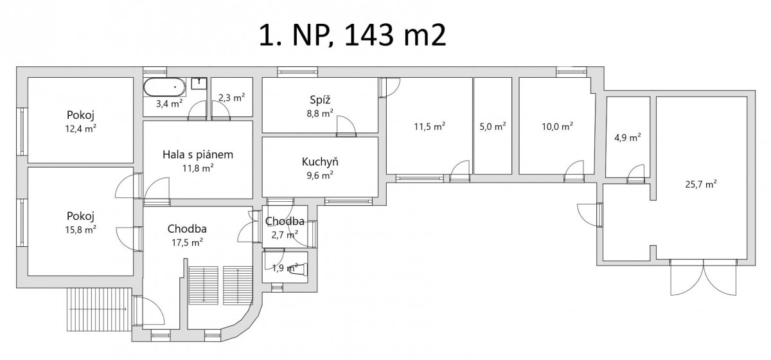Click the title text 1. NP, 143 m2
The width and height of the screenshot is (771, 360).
tap(353, 35)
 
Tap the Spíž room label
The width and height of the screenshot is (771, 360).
tap(320, 100)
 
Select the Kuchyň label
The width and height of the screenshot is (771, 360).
tap(320, 161)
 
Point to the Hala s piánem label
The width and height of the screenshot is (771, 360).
tap(198, 154)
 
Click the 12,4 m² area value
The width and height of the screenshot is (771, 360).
tap(80, 129)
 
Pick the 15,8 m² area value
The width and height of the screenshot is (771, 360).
tap(80, 230)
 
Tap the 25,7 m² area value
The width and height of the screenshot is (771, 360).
tap(701, 184)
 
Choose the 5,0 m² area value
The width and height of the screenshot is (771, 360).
tap(493, 127)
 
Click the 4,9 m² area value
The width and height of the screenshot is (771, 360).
tap(628, 138)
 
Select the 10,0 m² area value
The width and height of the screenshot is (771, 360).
tap(558, 127)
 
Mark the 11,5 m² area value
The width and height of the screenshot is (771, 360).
tap(430, 127)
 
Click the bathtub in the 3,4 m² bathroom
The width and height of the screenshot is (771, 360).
tap(164, 87)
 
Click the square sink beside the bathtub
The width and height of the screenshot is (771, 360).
tap(199, 84)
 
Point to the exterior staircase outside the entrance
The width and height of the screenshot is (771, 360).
tap(100, 309)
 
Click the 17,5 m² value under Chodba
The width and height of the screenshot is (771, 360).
tap(187, 242)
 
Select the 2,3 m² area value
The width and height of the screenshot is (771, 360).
tap(232, 98)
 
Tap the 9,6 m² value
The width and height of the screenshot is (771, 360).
tap(320, 175)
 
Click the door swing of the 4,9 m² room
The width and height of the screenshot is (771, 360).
tap(635, 174)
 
